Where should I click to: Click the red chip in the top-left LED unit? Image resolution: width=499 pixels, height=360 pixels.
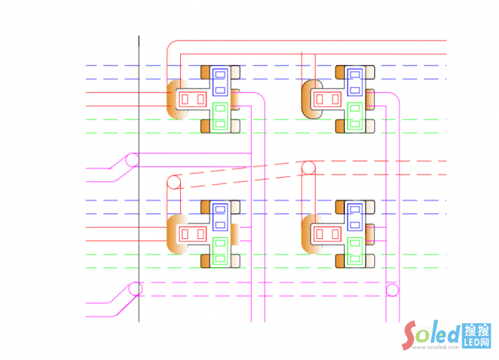coord(192,98)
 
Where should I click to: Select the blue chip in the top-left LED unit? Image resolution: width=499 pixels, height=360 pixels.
coord(220,80)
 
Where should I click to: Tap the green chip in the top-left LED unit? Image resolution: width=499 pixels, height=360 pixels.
coord(220,115)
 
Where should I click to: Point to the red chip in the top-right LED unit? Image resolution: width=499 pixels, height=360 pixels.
coord(327,98)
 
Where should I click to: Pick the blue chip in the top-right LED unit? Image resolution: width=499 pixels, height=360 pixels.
coord(354,80)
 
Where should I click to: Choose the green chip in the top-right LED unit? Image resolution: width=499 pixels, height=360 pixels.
coord(354,115)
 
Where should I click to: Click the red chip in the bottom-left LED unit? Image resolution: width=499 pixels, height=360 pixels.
coord(192,234)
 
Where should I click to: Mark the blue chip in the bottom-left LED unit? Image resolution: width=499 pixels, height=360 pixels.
coord(220,216)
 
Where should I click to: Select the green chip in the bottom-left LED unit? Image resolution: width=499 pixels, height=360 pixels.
coord(220,251)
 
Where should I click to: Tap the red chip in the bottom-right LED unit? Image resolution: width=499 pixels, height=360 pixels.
coord(327,234)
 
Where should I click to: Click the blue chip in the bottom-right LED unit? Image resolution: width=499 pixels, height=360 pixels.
coord(354,216)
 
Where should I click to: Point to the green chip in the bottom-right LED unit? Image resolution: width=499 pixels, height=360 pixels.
coord(354,251)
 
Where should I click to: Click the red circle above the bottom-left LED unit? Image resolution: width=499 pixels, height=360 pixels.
coord(173,182)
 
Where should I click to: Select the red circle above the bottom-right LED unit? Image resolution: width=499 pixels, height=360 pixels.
coord(308,168)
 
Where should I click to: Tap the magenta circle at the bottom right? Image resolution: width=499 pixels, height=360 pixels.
coord(392,289)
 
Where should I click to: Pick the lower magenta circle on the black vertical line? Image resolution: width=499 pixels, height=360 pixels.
coord(135,289)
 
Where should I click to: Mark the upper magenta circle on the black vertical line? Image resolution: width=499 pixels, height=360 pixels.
coord(132,160)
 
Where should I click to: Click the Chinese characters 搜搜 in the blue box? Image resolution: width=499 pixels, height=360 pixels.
coord(477,331)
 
